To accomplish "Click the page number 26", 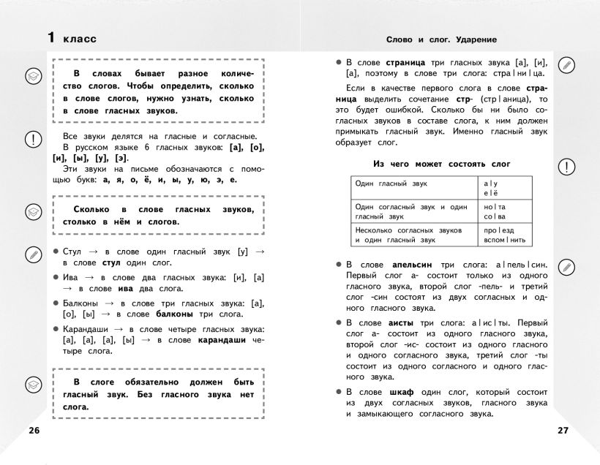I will point(34,429).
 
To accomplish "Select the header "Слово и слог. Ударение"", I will point(441,39).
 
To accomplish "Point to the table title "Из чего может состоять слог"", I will point(442,164).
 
